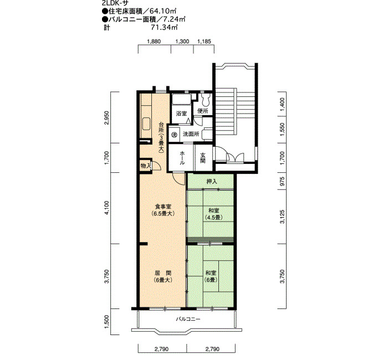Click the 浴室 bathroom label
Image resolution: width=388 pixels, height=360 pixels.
coord(181,114)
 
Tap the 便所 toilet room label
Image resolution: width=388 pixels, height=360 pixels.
coord(203,111)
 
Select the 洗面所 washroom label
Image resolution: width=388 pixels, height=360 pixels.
coord(191,134)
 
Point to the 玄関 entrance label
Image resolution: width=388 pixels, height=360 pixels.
coord(203,158)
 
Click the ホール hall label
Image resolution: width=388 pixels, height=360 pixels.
coord(182,158)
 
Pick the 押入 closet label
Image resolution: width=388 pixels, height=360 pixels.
coord(212,182)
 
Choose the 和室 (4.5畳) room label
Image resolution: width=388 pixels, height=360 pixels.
coord(213,214)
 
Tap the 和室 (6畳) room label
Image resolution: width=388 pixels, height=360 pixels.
coord(211,276)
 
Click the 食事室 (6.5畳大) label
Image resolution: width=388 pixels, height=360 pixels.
coord(163,210)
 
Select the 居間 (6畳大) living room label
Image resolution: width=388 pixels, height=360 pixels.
coord(163,277)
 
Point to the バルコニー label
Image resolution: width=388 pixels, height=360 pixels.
coord(188,319)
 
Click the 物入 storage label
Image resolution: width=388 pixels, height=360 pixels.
coord(146,166)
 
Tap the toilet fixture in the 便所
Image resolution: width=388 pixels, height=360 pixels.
coord(206,100)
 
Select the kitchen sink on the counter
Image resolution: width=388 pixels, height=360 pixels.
coord(146,124)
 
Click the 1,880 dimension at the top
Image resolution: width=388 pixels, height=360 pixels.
coord(154,42)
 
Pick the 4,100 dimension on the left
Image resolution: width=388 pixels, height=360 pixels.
coord(106,208)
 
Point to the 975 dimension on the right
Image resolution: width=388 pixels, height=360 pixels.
coord(282,181)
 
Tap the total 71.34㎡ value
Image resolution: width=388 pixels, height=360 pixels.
coord(164,27)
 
